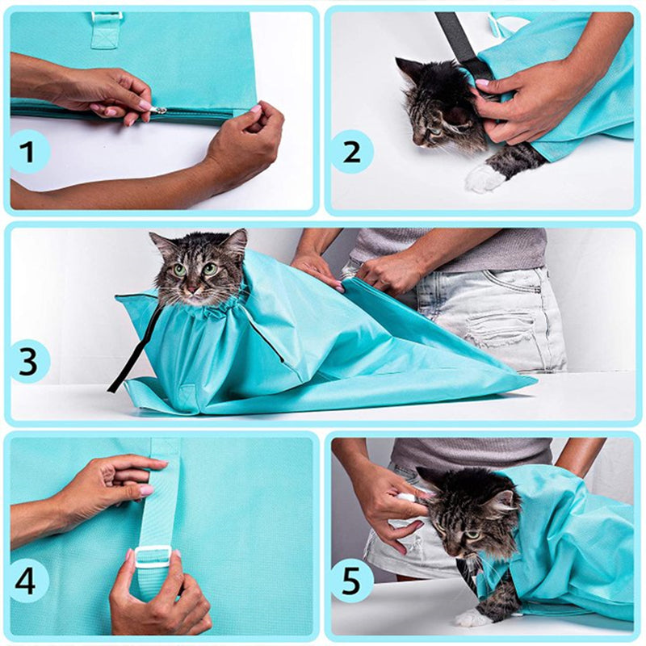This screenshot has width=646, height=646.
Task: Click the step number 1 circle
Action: tap(31, 151)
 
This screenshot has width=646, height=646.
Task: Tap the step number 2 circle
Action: tap(351, 152)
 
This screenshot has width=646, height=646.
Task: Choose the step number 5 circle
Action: tap(351, 580)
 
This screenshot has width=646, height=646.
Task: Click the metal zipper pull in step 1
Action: tap(161, 110)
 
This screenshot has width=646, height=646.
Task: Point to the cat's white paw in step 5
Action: tap(468, 619)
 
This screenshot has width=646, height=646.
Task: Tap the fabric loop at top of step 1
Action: tap(105, 29)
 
